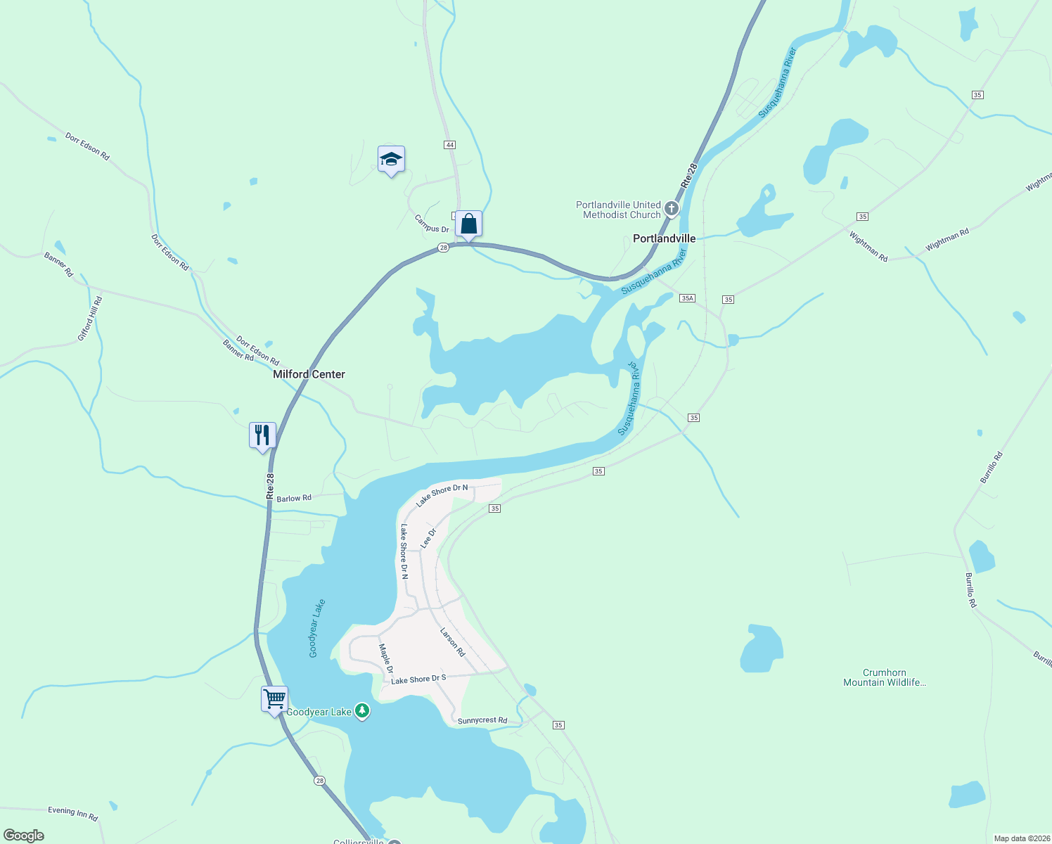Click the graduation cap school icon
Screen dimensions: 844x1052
(x=391, y=160)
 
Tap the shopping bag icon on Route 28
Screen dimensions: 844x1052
(x=468, y=224)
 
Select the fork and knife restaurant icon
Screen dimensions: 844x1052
(x=262, y=435)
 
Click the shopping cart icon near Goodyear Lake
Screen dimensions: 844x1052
(x=274, y=700)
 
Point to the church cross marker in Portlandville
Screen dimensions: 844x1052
(x=672, y=208)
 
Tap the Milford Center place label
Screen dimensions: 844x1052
(x=309, y=374)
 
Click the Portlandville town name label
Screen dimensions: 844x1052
(x=664, y=238)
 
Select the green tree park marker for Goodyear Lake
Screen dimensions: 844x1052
(x=362, y=711)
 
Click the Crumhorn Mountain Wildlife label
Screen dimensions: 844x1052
(x=884, y=677)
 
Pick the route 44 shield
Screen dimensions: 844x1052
(x=450, y=145)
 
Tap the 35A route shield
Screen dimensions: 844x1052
(x=687, y=298)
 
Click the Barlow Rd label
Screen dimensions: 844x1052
(x=294, y=498)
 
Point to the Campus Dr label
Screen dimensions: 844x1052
(x=431, y=224)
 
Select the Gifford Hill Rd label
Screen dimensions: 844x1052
(x=90, y=319)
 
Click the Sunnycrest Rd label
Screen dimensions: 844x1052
(x=482, y=720)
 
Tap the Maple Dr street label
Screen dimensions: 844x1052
(x=386, y=658)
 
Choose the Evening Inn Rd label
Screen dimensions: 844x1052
(x=72, y=813)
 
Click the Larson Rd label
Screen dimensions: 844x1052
(x=452, y=642)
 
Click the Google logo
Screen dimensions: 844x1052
(x=24, y=836)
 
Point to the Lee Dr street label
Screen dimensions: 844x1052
(x=428, y=538)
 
